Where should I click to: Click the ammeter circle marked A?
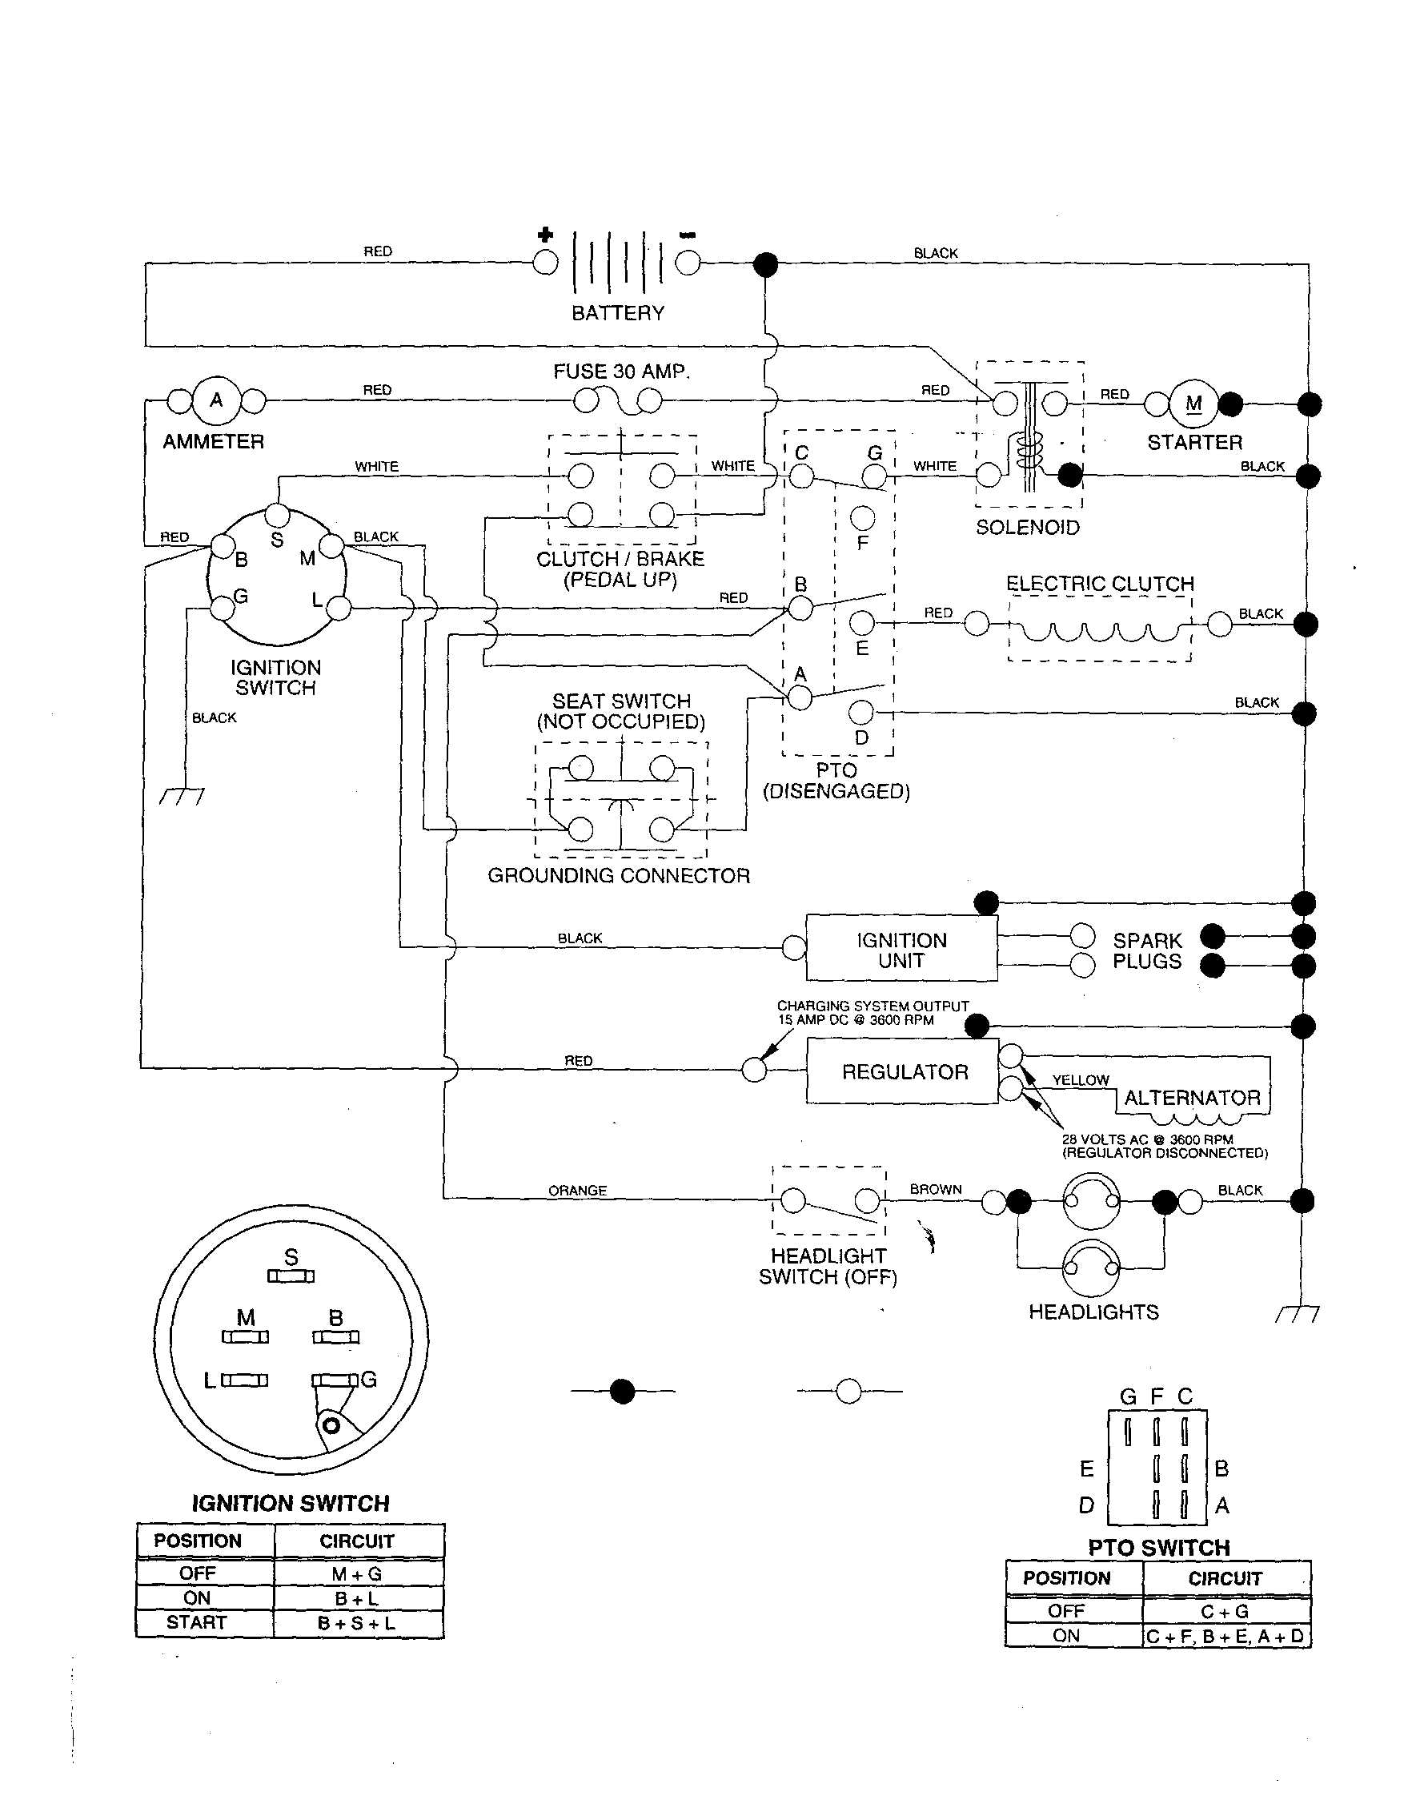(x=216, y=401)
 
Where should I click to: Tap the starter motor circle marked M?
(x=1193, y=404)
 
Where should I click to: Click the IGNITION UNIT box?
(x=901, y=949)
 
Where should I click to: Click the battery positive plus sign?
(x=545, y=235)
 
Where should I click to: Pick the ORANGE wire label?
(x=577, y=1191)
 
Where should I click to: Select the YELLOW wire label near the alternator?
(x=1080, y=1079)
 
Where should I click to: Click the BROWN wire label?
(x=935, y=1189)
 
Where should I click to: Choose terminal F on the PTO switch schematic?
(x=862, y=518)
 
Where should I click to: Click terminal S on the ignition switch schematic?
(x=278, y=516)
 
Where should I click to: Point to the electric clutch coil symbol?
(x=1100, y=632)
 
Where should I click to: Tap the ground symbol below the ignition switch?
(x=183, y=795)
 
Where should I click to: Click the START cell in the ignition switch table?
(x=196, y=1622)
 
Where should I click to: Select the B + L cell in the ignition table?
(x=356, y=1598)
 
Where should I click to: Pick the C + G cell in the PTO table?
(x=1225, y=1611)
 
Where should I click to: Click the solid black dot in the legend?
(x=622, y=1392)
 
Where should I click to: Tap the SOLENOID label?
(x=1027, y=528)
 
